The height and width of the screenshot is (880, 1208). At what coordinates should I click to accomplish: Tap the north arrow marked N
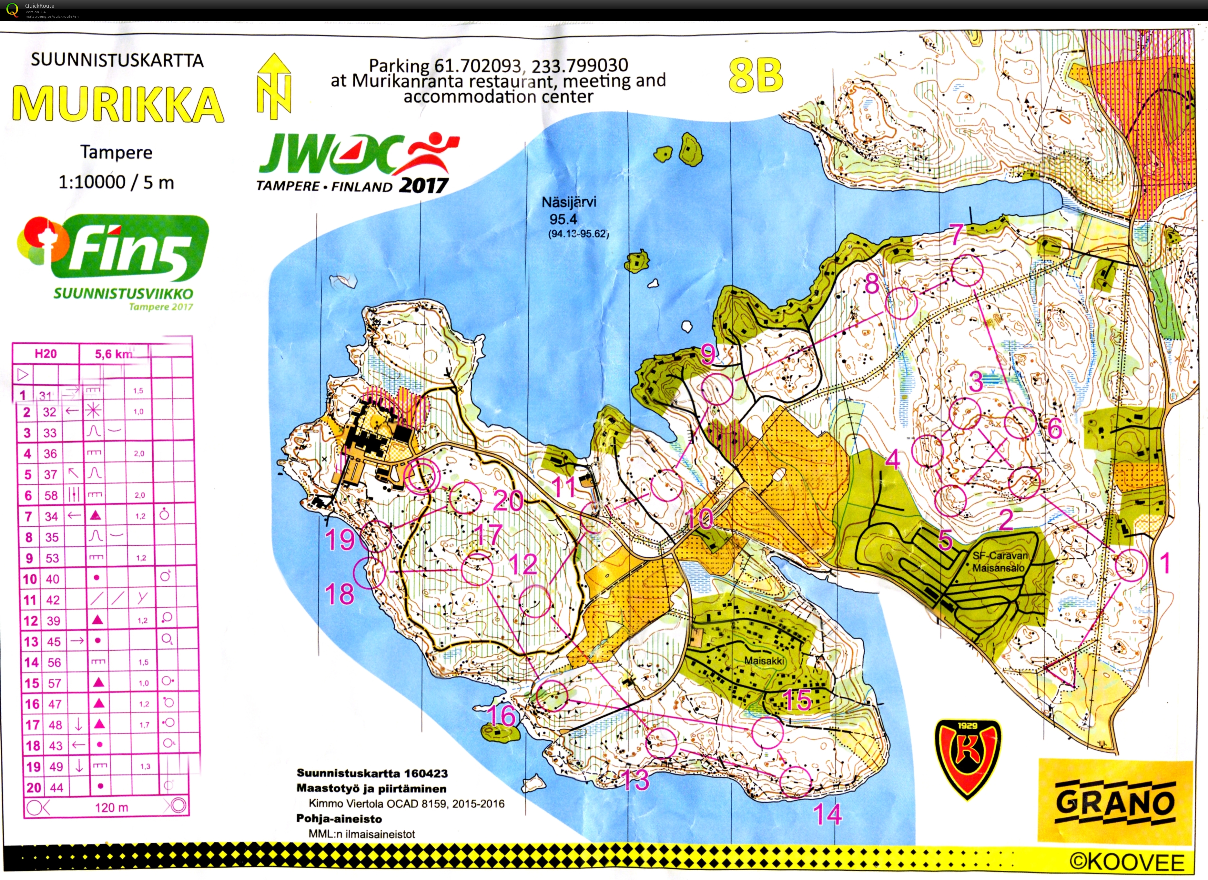click(x=274, y=86)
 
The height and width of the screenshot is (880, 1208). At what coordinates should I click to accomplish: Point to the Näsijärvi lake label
click(x=569, y=202)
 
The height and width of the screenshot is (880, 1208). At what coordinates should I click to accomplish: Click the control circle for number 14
click(x=795, y=782)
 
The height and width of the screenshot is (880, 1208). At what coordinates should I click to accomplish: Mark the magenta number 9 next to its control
click(x=708, y=354)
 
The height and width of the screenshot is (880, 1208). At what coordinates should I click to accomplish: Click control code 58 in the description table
click(x=51, y=495)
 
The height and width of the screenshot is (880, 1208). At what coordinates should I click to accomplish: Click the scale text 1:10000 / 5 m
click(x=116, y=183)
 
